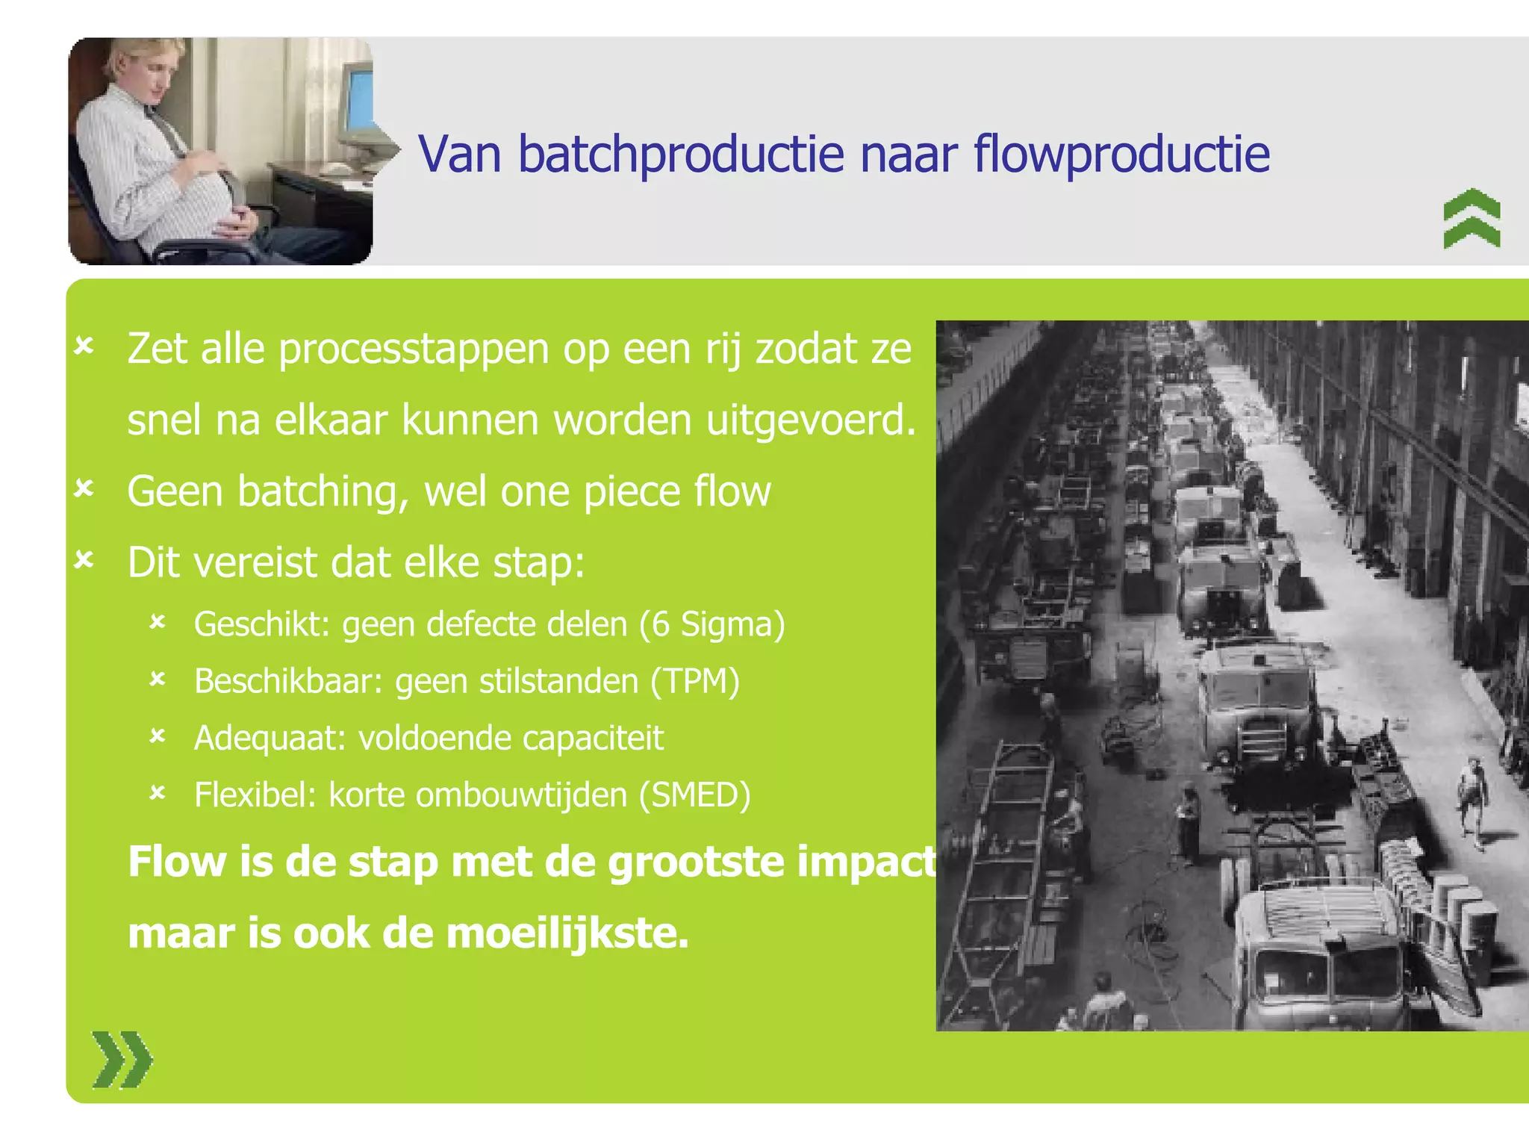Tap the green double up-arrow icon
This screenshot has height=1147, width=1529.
pyautogui.click(x=1472, y=218)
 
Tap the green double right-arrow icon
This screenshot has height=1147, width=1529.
pyautogui.click(x=122, y=1060)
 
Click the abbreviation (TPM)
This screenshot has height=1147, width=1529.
pyautogui.click(x=694, y=681)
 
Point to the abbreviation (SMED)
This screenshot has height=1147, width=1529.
pyautogui.click(x=694, y=795)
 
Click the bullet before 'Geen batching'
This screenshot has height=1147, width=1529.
pyautogui.click(x=84, y=489)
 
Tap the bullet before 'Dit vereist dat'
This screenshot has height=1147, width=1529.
pyautogui.click(x=84, y=560)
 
